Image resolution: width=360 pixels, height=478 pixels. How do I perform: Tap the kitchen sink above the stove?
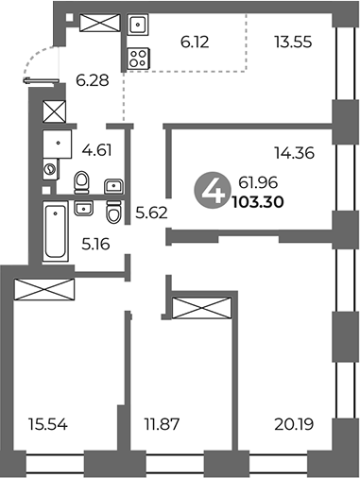(x=136, y=25)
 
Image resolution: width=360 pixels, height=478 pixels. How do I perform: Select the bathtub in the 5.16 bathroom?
(x=55, y=231)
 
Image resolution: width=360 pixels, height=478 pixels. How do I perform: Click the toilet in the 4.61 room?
(x=82, y=179)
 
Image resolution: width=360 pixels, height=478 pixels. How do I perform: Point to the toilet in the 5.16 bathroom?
(x=114, y=210)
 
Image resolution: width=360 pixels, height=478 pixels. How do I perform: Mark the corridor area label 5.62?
(x=150, y=213)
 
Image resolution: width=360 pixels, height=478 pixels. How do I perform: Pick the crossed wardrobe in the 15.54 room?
(x=44, y=288)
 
